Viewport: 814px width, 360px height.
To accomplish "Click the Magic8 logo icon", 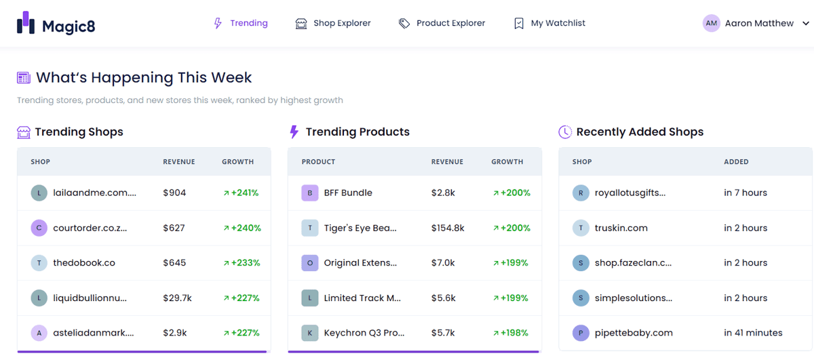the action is (26, 23).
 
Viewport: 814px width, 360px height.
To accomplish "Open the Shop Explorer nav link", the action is (333, 23).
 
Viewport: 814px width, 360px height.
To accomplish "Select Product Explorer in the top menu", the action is (442, 23).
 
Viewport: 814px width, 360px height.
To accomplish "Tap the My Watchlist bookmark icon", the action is (519, 23).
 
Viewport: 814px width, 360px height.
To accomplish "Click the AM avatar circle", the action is (711, 23).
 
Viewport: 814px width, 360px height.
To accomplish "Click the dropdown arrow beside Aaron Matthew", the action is (806, 23).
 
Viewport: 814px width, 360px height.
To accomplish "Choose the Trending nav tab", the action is (241, 23).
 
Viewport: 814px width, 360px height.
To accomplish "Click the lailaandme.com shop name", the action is (94, 193).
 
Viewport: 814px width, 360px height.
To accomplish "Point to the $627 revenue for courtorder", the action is (174, 228).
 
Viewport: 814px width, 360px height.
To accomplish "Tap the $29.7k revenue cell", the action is (177, 298).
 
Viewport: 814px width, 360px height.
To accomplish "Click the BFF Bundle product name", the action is (348, 193).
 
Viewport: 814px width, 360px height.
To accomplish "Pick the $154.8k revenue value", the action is (448, 228).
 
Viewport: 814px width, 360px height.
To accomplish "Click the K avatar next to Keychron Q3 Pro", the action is (309, 333).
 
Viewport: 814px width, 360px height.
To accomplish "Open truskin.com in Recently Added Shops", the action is (621, 228).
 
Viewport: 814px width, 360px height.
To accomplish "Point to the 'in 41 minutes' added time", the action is (753, 333).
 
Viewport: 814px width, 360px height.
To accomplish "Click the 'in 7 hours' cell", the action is (745, 193).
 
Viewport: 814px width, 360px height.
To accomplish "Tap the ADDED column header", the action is (736, 161).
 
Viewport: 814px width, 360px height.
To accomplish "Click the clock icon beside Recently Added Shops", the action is (565, 132).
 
